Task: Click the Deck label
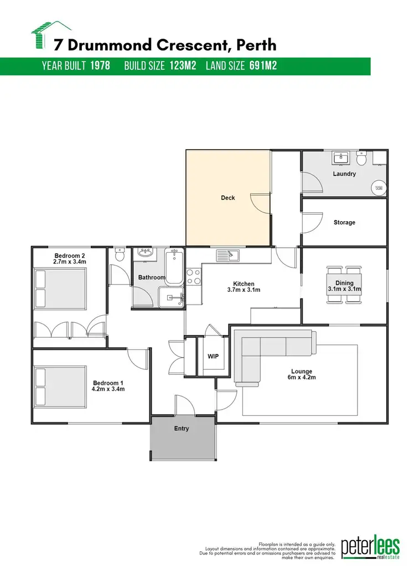[x=228, y=197]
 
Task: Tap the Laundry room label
[x=344, y=174]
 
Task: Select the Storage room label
[x=344, y=222]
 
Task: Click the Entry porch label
[x=181, y=428]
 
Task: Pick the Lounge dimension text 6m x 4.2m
[x=302, y=378]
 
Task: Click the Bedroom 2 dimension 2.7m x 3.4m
[x=70, y=262]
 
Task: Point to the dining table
[x=344, y=285]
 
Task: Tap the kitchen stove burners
[x=194, y=276]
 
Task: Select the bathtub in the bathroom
[x=174, y=266]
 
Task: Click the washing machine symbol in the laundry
[x=379, y=188]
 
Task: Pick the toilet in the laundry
[x=361, y=159]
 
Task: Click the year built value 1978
[x=100, y=66]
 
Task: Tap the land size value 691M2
[x=262, y=66]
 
